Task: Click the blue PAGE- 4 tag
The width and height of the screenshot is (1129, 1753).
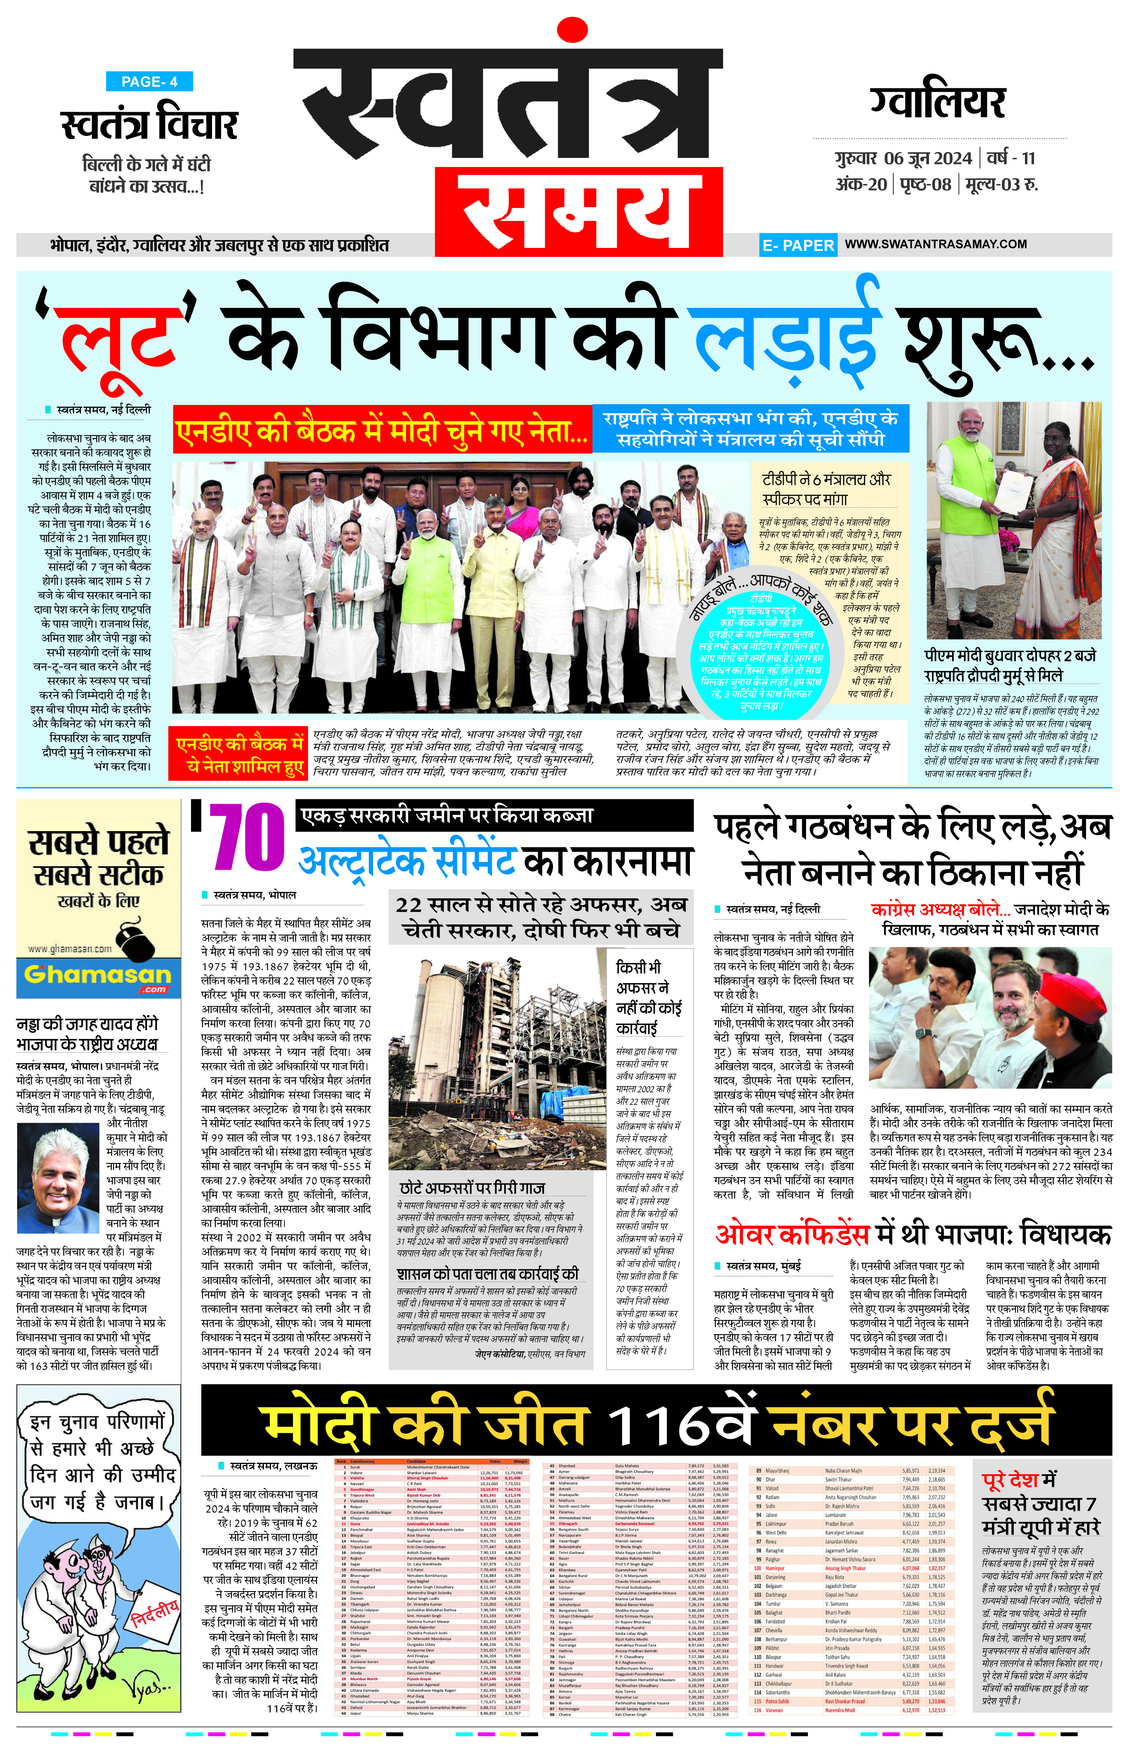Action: pyautogui.click(x=149, y=81)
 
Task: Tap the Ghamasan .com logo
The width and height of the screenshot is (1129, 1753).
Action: pyautogui.click(x=98, y=975)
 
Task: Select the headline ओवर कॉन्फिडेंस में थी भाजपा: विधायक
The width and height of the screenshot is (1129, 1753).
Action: pyautogui.click(x=913, y=1235)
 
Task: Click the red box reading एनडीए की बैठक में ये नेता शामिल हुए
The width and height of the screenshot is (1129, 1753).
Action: pyautogui.click(x=240, y=755)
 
